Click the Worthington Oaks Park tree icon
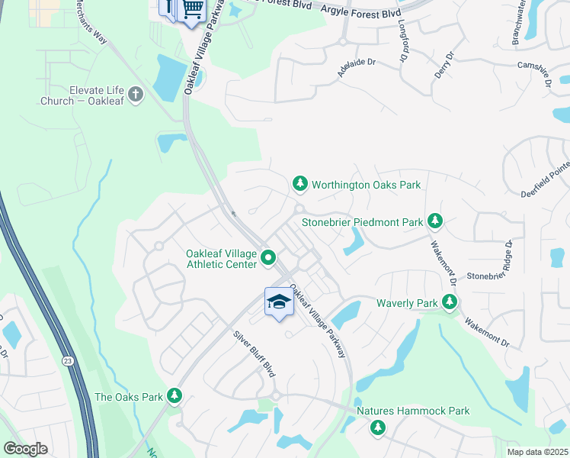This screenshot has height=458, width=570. point(300,184)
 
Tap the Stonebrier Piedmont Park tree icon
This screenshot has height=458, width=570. point(435,221)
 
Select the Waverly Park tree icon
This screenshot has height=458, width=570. point(450,303)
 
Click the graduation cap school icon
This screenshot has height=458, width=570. point(279,302)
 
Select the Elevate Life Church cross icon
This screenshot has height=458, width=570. point(136,95)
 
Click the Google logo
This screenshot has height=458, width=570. point(26,449)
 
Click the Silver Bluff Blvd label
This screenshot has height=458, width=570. point(254,353)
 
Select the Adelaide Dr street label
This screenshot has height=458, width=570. point(357,69)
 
